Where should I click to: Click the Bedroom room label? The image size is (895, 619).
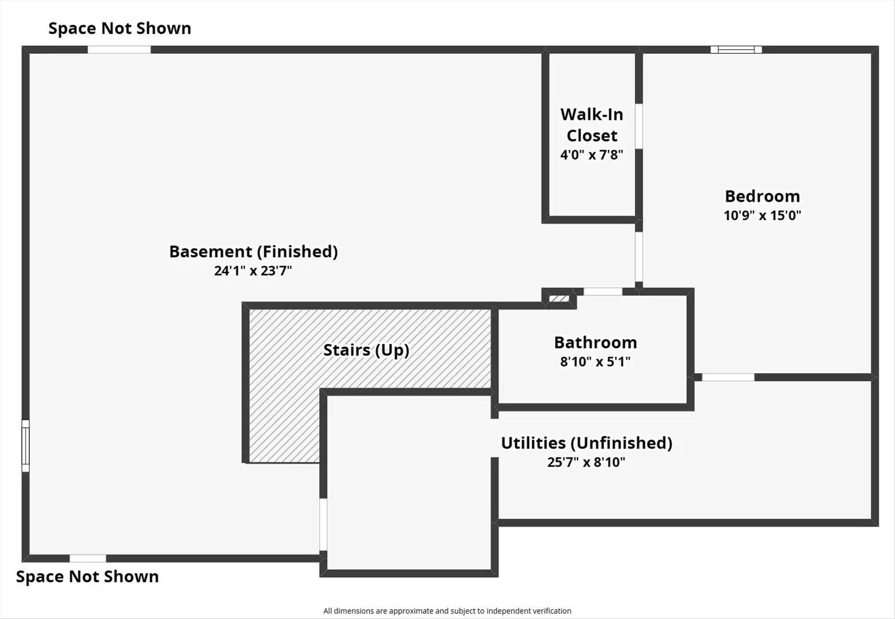[762, 196]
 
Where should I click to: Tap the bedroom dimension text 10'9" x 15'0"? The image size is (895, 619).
[762, 216]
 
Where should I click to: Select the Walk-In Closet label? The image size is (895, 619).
[592, 125]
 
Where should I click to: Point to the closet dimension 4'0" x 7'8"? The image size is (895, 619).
[592, 155]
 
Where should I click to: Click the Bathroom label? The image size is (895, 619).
[595, 342]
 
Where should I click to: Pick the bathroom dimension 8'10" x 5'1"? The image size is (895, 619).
[595, 362]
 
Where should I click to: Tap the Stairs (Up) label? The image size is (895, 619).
[366, 350]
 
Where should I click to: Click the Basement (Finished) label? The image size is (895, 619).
[253, 251]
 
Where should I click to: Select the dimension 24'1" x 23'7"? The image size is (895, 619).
[253, 271]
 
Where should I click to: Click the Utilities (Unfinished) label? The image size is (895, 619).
[586, 442]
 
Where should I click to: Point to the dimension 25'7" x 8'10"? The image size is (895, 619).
[586, 462]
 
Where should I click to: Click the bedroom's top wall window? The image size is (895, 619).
[736, 50]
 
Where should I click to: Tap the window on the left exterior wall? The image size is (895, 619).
[25, 446]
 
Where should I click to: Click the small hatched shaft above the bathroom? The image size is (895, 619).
[559, 298]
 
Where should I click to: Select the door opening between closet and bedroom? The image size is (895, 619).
[638, 126]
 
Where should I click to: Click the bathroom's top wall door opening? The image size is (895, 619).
[603, 292]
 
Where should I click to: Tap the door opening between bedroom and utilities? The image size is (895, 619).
[728, 377]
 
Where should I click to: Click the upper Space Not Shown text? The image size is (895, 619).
[120, 28]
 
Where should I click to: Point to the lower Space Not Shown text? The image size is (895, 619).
[87, 577]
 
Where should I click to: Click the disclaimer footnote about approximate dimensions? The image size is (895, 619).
[447, 611]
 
